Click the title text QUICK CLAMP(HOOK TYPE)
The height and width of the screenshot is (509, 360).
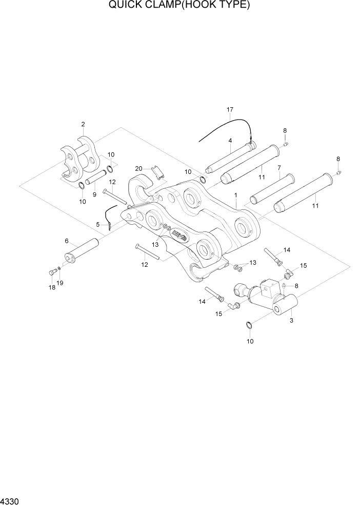tap(179, 6)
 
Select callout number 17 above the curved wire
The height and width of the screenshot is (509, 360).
tap(230, 110)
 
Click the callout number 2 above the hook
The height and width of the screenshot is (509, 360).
tap(83, 124)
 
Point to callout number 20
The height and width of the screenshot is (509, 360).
tap(138, 168)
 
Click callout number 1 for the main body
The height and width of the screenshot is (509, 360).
tap(235, 195)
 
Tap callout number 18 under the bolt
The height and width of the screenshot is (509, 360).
tap(52, 288)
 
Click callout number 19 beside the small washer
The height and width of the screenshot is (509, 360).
tap(61, 283)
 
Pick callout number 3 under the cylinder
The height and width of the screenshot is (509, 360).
tap(291, 321)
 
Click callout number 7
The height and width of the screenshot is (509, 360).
tap(278, 167)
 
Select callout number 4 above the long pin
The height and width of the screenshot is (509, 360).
tap(230, 140)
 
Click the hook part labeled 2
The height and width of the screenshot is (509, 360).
tap(79, 159)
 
